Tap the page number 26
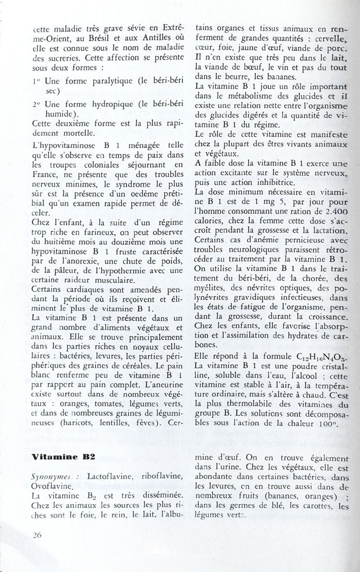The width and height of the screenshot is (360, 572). coord(37,535)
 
